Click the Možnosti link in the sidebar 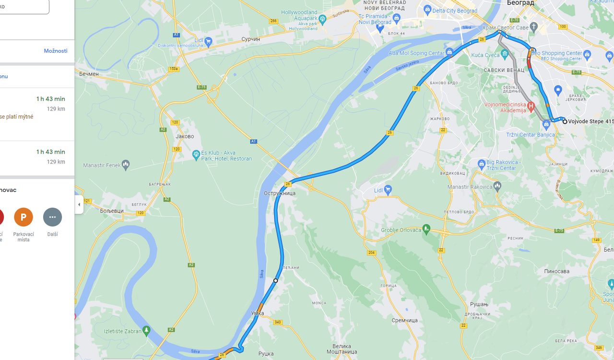(x=56, y=51)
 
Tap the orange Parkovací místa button (x=24, y=217)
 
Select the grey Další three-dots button (x=52, y=217)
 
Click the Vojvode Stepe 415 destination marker (x=565, y=121)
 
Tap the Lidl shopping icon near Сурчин (x=208, y=42)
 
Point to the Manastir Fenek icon (x=126, y=165)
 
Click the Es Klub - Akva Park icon (x=196, y=155)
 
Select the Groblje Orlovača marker (x=426, y=228)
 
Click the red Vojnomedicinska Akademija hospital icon (x=531, y=106)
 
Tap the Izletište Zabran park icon (x=147, y=330)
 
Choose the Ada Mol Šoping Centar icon (x=449, y=52)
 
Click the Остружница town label (x=279, y=193)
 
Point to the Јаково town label (x=185, y=136)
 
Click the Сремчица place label (x=404, y=320)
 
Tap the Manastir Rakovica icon (x=497, y=185)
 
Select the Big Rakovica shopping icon (x=482, y=164)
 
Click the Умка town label (x=257, y=313)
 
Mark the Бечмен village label (x=89, y=74)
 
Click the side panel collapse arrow (x=79, y=204)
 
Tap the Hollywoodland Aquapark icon (x=322, y=19)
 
